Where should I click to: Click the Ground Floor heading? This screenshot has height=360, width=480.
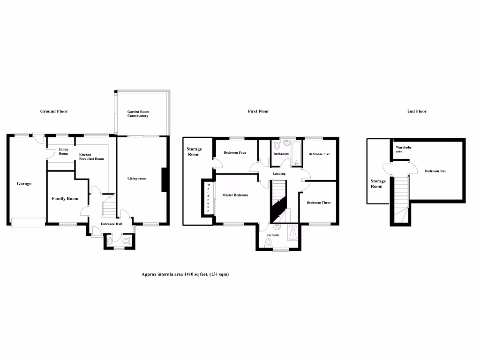tap(53, 112)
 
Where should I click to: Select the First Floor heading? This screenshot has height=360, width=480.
tap(258, 112)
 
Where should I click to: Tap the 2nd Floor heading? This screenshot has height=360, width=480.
tap(417, 112)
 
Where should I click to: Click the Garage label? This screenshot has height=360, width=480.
tap(24, 184)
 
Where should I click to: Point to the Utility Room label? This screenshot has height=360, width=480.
tap(63, 151)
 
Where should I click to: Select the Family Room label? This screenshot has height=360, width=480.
tap(65, 199)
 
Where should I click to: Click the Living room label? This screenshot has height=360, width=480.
tap(137, 179)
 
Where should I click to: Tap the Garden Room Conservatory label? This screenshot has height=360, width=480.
tap(138, 114)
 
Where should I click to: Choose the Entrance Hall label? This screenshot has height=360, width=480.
tap(112, 224)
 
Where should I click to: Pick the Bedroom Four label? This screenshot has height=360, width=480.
tap(235, 153)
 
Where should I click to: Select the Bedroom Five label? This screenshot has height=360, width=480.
tap(319, 154)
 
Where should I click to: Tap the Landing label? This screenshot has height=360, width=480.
tap(279, 174)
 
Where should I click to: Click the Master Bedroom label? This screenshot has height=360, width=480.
tap(235, 195)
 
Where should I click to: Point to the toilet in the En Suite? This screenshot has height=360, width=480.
tap(269, 242)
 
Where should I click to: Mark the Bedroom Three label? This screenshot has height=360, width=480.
tap(318, 202)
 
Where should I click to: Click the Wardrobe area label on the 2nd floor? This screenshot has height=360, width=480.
tap(400, 149)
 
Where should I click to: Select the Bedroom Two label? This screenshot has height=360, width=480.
tap(435, 171)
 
